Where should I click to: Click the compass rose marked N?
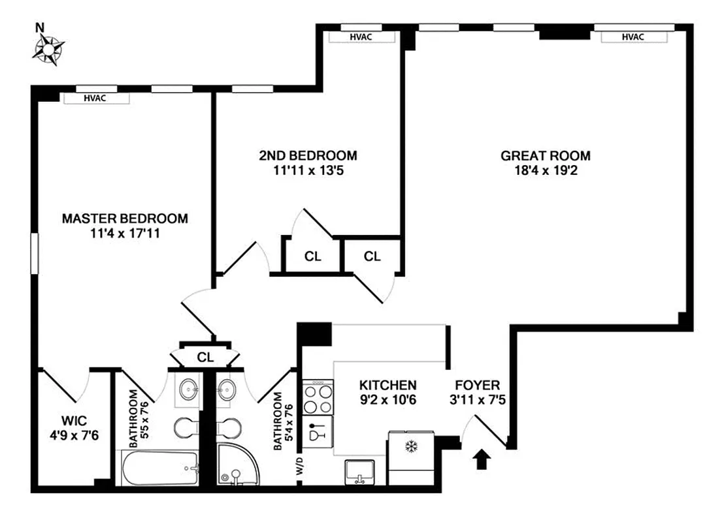click(49, 48)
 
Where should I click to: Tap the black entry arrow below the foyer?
click(482, 459)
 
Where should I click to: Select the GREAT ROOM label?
click(546, 156)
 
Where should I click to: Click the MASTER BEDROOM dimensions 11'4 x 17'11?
click(125, 233)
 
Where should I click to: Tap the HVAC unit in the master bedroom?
click(95, 98)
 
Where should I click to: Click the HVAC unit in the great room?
click(632, 37)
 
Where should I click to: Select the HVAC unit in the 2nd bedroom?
click(361, 37)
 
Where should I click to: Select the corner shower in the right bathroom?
click(237, 465)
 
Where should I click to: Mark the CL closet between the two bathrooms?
click(205, 357)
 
